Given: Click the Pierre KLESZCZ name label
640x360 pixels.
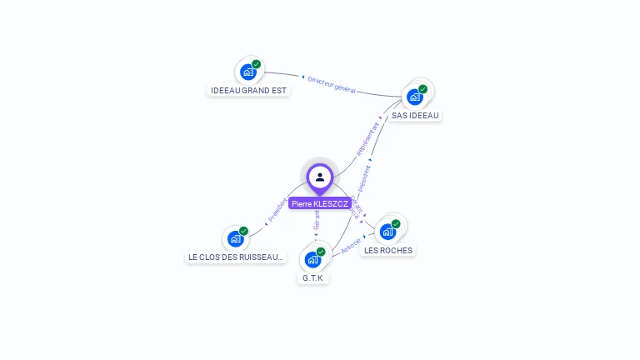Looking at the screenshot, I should click(320, 203).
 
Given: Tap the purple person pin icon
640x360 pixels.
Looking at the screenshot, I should click(320, 177).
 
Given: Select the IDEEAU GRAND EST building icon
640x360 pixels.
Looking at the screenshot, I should click(248, 72).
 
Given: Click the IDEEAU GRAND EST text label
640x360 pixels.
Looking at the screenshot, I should click(248, 90).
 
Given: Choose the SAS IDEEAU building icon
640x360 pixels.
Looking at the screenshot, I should click(415, 97).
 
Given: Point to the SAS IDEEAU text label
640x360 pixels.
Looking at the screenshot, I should click(415, 115).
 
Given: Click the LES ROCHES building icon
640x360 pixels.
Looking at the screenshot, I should click(387, 232).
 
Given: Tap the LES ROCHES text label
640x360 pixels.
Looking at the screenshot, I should click(388, 250).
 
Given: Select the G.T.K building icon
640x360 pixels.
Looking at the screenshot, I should click(312, 259).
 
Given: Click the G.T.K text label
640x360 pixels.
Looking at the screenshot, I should click(313, 277).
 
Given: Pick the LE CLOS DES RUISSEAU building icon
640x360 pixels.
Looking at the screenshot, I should click(236, 239).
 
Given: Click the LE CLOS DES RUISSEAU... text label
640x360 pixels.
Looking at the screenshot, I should click(236, 257).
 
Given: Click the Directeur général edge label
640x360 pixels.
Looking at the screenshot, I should click(332, 84).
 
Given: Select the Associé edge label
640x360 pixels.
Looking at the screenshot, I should click(351, 244).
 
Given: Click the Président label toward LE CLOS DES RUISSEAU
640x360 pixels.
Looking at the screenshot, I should click(277, 210).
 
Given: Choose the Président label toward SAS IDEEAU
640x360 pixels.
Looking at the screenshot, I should click(364, 180).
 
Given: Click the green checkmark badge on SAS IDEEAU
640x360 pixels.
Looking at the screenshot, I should click(422, 89).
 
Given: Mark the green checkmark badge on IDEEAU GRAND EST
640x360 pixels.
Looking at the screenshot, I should click(256, 64).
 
